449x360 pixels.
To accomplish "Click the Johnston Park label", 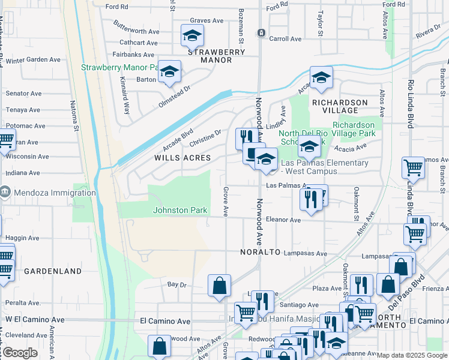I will click(180, 210).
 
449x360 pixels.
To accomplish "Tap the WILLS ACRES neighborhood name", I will click(182, 158).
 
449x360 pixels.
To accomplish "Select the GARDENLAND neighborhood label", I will click(53, 271).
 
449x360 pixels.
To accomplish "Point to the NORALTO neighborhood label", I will click(261, 252).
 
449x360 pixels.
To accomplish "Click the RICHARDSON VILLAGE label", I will click(340, 106).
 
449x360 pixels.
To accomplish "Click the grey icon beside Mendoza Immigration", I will click(5, 193).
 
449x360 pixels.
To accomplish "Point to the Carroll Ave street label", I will click(285, 38).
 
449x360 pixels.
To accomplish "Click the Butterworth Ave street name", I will click(137, 31).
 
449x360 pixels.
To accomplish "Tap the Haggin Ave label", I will click(22, 238).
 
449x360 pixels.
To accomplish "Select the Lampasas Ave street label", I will click(305, 254).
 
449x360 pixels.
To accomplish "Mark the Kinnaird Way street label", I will click(124, 95).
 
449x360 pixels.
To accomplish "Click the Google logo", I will click(20, 353).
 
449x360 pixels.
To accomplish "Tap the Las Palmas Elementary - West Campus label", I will click(325, 167).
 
